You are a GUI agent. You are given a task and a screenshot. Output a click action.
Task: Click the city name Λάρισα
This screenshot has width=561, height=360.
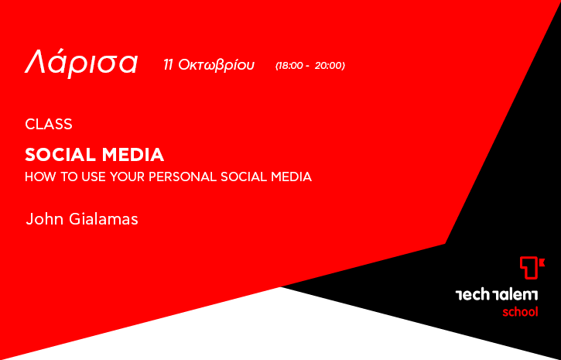pyautogui.click(x=81, y=63)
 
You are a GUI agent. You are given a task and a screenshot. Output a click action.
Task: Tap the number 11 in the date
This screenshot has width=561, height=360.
pyautogui.click(x=168, y=65)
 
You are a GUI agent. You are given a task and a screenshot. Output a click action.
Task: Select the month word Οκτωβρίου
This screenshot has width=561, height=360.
pyautogui.click(x=216, y=66)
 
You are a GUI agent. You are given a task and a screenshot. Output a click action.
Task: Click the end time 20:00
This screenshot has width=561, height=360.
pyautogui.click(x=329, y=66)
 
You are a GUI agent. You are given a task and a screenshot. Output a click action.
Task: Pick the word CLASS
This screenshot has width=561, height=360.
pyautogui.click(x=49, y=124)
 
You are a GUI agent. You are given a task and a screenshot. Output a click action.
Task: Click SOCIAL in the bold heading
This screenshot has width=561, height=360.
pyautogui.click(x=60, y=155)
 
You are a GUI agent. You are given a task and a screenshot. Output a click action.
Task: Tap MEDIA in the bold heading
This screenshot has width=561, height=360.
pyautogui.click(x=133, y=155)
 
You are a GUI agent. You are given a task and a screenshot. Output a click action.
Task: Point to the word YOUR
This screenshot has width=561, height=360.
pyautogui.click(x=128, y=177)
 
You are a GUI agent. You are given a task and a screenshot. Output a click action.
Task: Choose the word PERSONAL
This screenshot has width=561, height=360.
pyautogui.click(x=183, y=177)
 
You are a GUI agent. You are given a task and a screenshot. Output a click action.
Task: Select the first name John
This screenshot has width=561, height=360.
pyautogui.click(x=45, y=219)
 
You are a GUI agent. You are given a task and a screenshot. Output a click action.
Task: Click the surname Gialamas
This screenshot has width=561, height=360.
pyautogui.click(x=104, y=219)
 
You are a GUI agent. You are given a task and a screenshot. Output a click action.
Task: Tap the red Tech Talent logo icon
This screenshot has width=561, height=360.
pyautogui.click(x=532, y=268)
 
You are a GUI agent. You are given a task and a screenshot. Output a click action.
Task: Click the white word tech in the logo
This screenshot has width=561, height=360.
pyautogui.click(x=472, y=295)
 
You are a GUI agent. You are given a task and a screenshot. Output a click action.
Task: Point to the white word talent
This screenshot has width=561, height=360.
pyautogui.click(x=515, y=295)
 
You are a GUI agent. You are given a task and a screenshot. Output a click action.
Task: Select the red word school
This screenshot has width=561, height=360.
pyautogui.click(x=520, y=312)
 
